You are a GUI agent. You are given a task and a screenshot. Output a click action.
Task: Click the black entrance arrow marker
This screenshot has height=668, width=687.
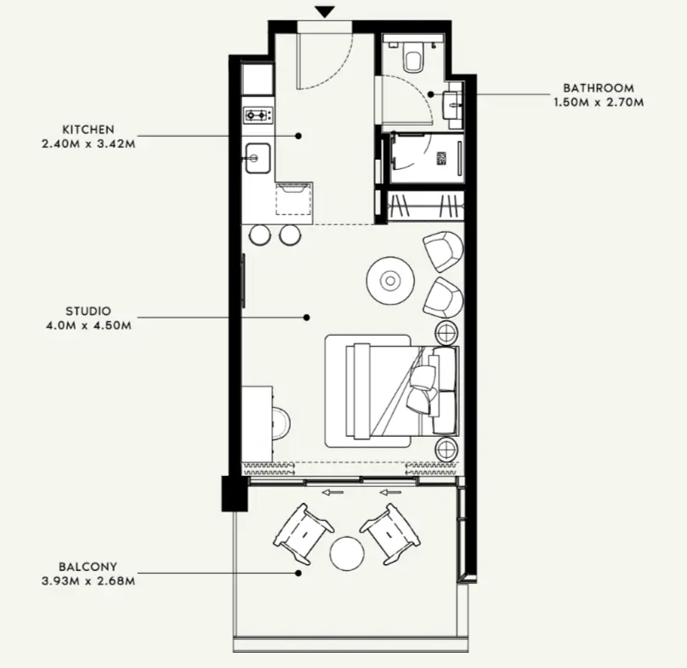click(x=325, y=12)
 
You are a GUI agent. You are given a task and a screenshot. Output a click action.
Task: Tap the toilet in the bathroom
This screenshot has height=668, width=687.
click(x=413, y=57)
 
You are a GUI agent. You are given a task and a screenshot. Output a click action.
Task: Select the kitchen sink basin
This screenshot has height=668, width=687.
click(x=258, y=158)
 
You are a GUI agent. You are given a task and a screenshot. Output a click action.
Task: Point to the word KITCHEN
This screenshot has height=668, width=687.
click(x=88, y=130)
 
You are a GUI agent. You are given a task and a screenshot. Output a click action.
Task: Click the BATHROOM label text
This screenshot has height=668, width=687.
click(x=599, y=88)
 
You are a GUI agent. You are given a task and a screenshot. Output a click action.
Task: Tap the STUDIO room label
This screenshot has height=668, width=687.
click(x=88, y=311)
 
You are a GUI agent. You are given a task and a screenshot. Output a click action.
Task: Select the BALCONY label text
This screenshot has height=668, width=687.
click(x=88, y=567)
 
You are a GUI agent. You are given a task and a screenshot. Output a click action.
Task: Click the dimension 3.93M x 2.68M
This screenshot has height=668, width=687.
click(x=88, y=581)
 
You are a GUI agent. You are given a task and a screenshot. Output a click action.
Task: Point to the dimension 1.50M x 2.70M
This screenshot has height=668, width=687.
click(x=599, y=103)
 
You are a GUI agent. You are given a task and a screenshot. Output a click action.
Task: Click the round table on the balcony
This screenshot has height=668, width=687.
click(x=347, y=553)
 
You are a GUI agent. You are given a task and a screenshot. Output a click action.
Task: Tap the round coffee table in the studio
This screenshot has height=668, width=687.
click(x=390, y=280)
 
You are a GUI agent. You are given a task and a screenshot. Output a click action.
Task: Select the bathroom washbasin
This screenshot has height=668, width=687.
click(x=452, y=105)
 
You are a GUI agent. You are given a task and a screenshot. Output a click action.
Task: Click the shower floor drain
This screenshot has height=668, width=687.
click(x=441, y=158)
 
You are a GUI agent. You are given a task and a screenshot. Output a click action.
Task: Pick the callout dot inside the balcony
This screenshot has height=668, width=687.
click(x=298, y=573)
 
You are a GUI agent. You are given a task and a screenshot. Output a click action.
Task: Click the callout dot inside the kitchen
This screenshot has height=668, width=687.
click(x=298, y=136)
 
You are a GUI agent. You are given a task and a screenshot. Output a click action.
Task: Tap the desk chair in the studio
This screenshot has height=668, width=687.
click(x=281, y=423)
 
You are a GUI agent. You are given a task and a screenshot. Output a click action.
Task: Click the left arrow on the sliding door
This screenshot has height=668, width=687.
click(x=332, y=493)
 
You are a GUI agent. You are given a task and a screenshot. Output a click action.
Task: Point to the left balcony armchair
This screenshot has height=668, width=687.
click(x=304, y=534)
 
